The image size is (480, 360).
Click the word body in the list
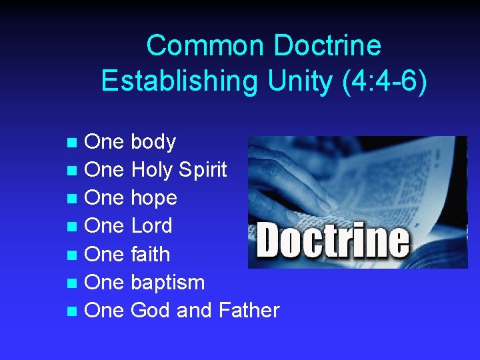[153, 142]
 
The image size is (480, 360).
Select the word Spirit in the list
[203, 170]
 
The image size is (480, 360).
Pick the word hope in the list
[154, 198]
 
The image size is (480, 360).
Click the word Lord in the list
[152, 226]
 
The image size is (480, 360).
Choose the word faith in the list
[151, 254]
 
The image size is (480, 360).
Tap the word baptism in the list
[168, 283]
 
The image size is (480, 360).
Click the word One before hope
[105, 198]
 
